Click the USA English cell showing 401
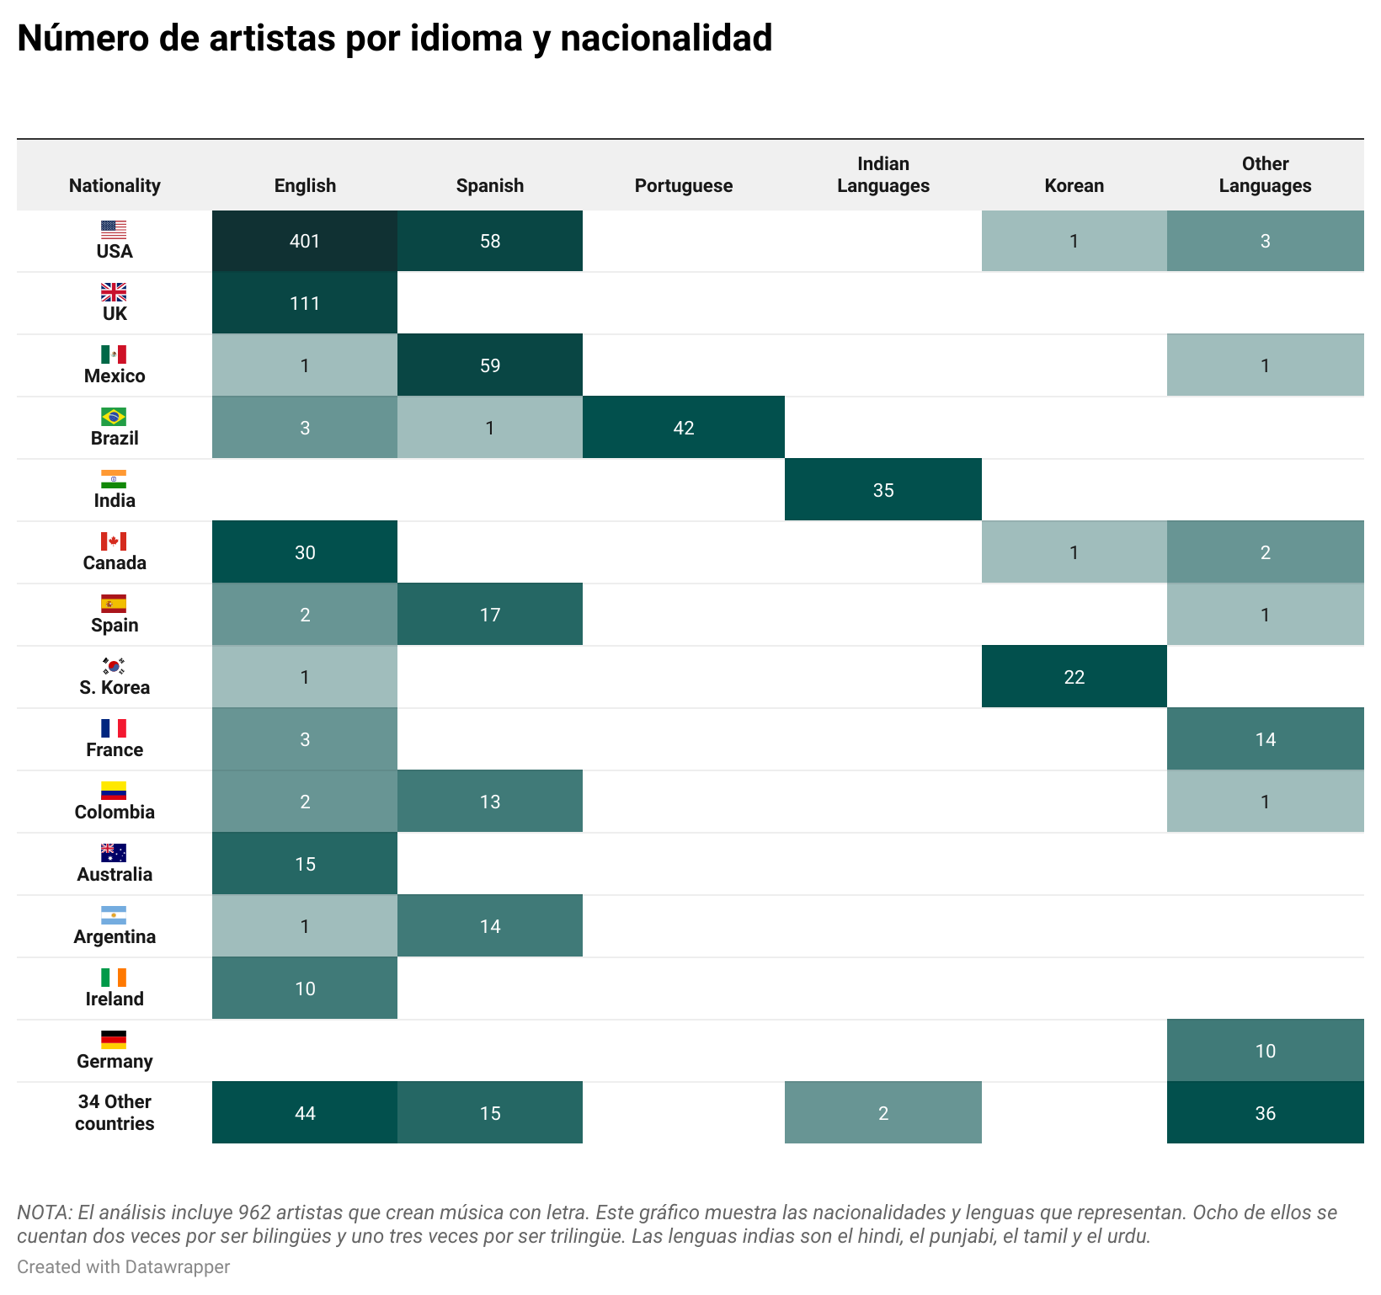[x=305, y=241]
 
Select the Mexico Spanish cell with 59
[x=490, y=365]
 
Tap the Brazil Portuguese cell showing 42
[x=683, y=428]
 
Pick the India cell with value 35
[x=882, y=490]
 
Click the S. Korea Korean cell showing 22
[x=1074, y=677]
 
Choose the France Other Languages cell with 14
[x=1265, y=739]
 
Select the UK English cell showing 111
[x=305, y=303]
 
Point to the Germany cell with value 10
[x=1265, y=1051]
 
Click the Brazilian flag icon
[x=114, y=417]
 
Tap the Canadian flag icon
[x=114, y=541]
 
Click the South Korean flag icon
[x=114, y=666]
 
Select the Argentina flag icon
[x=114, y=915]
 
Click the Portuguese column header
[x=683, y=185]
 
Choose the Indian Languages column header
[x=882, y=175]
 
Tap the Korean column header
[x=1074, y=185]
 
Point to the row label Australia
[x=115, y=874]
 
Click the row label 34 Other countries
[x=115, y=1112]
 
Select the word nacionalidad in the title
[x=666, y=39]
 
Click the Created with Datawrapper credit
[x=123, y=1266]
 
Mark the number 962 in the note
[x=254, y=1212]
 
